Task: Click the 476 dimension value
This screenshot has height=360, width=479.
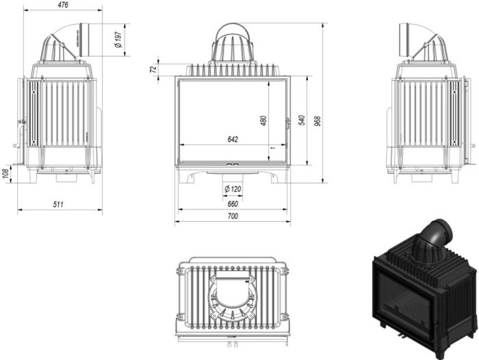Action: [x=63, y=5]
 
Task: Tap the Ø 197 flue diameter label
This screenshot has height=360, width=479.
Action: [x=118, y=40]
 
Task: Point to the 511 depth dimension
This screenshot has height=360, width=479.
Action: [x=58, y=204]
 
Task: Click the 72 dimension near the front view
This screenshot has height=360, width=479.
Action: [x=153, y=69]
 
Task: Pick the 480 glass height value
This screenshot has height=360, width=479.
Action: [x=263, y=120]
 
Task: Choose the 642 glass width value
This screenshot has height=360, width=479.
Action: [x=233, y=140]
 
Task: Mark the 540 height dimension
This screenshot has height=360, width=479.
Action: [x=302, y=120]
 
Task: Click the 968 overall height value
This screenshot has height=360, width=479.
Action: [x=318, y=121]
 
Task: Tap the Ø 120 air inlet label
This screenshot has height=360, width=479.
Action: [x=233, y=189]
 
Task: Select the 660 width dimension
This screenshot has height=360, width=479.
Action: [x=233, y=204]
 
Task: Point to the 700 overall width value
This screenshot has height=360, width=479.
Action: [x=233, y=216]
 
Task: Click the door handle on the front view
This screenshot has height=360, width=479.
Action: [x=288, y=123]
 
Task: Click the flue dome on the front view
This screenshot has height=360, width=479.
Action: [x=233, y=43]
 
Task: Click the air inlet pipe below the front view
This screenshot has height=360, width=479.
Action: [x=233, y=179]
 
